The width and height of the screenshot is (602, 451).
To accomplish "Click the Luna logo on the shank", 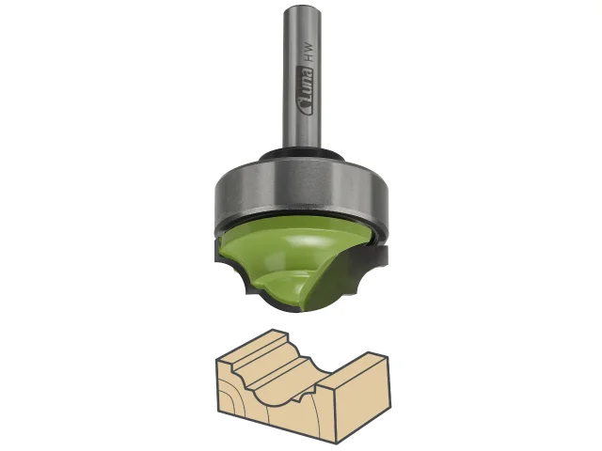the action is coord(305,90).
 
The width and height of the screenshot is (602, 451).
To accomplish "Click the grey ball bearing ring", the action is coord(301,193).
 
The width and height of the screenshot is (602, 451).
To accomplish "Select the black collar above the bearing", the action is coord(301,154).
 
